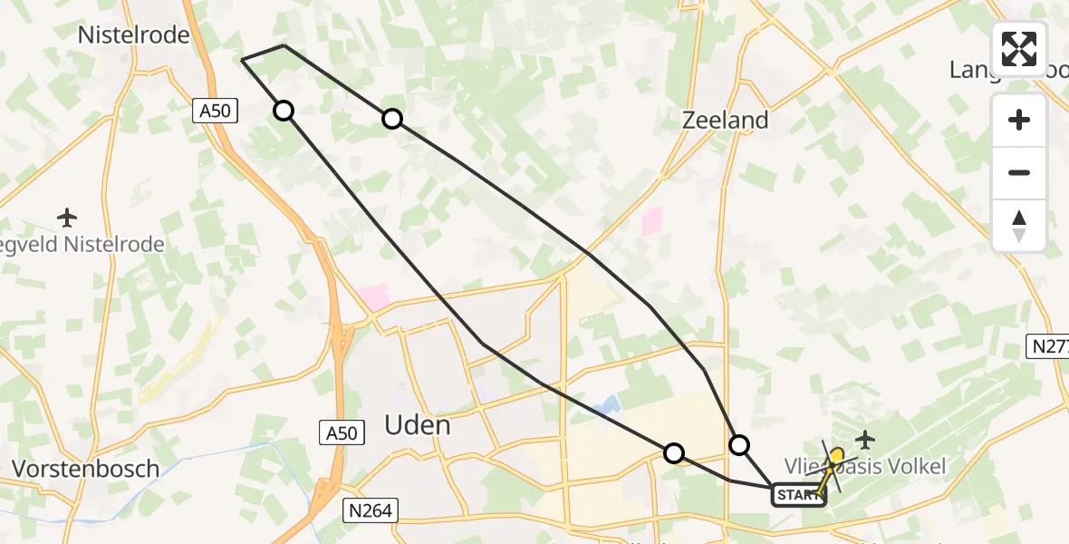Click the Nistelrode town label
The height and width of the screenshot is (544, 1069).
click(133, 35)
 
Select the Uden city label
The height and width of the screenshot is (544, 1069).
click(418, 425)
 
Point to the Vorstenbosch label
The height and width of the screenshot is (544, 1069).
click(85, 469)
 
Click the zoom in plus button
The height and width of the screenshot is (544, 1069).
click(1019, 121)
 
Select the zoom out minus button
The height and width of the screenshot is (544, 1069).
click(1019, 172)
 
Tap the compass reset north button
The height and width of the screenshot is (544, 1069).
click(1019, 226)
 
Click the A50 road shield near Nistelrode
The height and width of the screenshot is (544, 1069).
click(216, 111)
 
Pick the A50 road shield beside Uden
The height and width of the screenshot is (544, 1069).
click(342, 433)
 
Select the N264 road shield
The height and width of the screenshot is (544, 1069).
click(370, 510)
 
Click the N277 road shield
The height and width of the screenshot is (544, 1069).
click(1049, 345)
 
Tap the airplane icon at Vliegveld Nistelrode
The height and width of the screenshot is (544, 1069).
click(67, 218)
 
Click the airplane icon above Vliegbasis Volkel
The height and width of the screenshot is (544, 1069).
click(865, 441)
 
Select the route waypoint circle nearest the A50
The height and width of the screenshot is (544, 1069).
click(284, 111)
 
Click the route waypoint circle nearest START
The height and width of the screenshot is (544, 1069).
click(740, 444)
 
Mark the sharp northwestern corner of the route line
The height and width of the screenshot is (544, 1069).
click(243, 60)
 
